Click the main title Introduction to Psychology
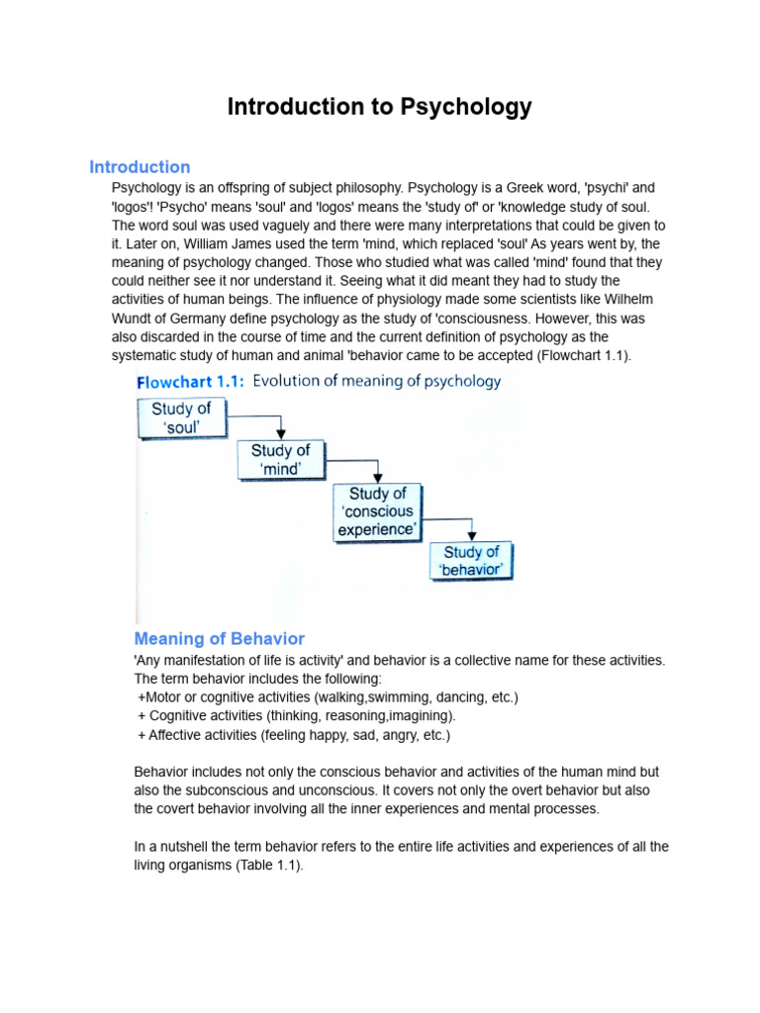[x=379, y=107]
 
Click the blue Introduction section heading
[x=140, y=167]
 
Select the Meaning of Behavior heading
[x=219, y=639]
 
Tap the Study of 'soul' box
[x=181, y=418]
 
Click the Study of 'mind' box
[x=280, y=460]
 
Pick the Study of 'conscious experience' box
[x=377, y=511]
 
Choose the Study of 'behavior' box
[x=471, y=561]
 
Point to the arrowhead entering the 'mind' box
[x=282, y=435]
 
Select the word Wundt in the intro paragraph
[x=134, y=319]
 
